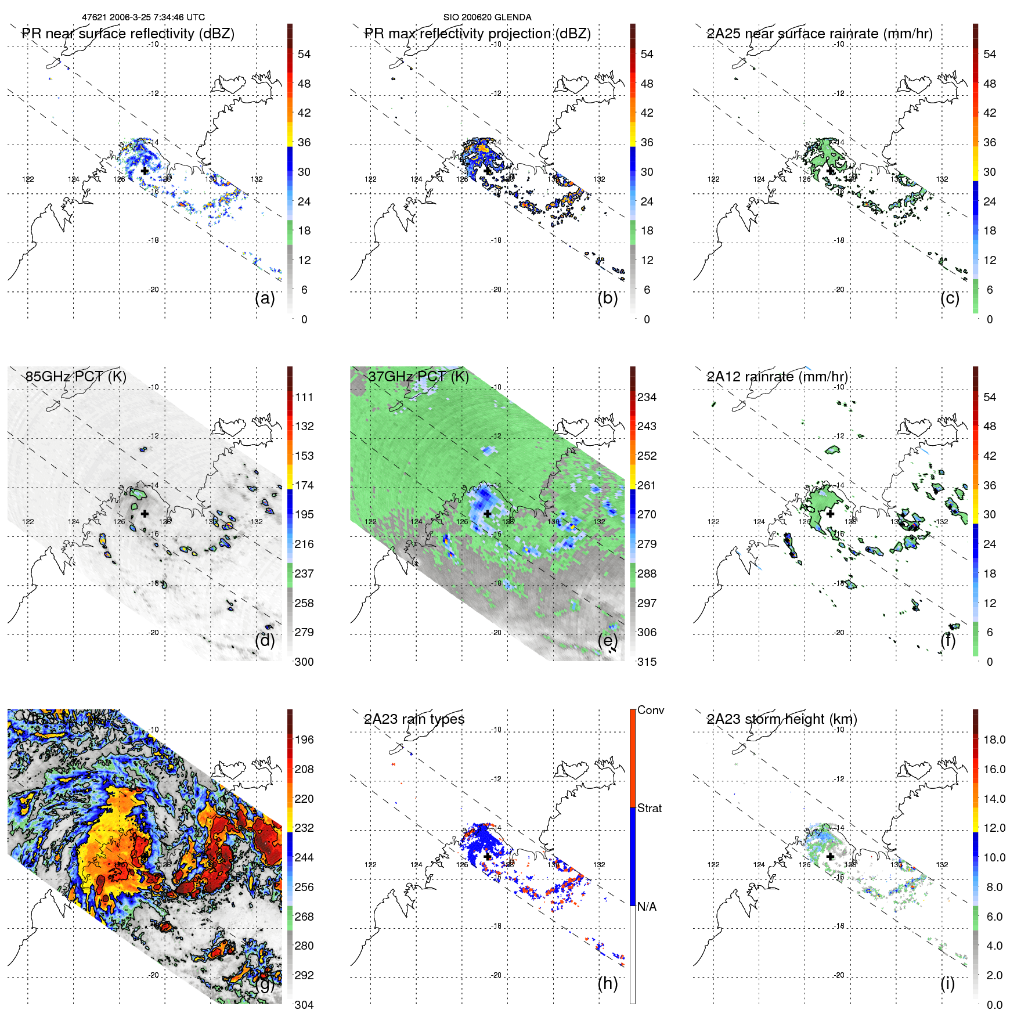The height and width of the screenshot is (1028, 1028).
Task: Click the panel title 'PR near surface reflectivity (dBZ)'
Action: pyautogui.click(x=128, y=34)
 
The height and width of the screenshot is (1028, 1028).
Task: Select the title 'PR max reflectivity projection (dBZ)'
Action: pyautogui.click(x=477, y=34)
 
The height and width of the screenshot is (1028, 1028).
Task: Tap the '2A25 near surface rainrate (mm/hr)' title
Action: pyautogui.click(x=819, y=34)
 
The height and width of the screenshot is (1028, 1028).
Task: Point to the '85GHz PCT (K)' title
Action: pyautogui.click(x=75, y=376)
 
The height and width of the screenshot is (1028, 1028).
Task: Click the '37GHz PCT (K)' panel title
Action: pyautogui.click(x=418, y=376)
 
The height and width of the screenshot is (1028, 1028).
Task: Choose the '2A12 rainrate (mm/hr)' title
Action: pyautogui.click(x=777, y=376)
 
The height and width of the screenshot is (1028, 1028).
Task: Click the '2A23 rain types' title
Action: pyautogui.click(x=414, y=719)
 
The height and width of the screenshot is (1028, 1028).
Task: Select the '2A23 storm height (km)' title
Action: pyautogui.click(x=781, y=719)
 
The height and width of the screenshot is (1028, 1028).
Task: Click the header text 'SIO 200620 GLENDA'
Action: pyautogui.click(x=487, y=17)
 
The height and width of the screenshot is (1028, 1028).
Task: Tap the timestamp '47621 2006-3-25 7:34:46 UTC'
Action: pyautogui.click(x=143, y=17)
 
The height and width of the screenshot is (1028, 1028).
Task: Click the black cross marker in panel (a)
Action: pyautogui.click(x=145, y=171)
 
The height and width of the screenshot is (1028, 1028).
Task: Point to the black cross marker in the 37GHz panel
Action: pyautogui.click(x=488, y=514)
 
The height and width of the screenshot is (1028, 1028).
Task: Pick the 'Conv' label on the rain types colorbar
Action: pyautogui.click(x=650, y=710)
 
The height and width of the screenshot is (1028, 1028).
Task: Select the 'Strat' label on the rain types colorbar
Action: pyautogui.click(x=649, y=808)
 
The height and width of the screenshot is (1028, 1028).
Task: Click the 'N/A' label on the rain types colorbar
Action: pyautogui.click(x=646, y=907)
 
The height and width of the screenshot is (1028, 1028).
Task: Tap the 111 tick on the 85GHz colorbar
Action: pyautogui.click(x=304, y=397)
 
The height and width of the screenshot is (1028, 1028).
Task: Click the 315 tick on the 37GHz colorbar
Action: pyautogui.click(x=647, y=662)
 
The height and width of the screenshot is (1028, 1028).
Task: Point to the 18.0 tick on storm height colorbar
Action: pyautogui.click(x=994, y=740)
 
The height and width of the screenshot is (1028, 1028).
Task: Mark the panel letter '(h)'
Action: pyautogui.click(x=607, y=983)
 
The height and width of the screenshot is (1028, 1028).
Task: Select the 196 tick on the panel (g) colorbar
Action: pyautogui.click(x=304, y=740)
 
